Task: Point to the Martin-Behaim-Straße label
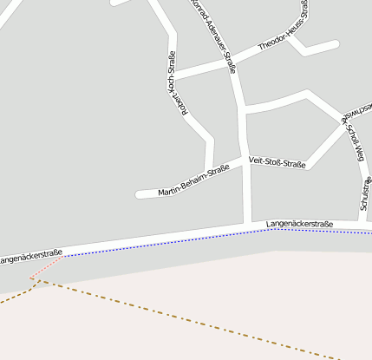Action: [193, 179]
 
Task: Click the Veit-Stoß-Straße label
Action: [277, 161]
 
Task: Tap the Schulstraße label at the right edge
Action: [366, 195]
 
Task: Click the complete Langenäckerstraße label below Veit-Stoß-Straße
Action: [299, 223]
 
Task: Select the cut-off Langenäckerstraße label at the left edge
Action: [30, 257]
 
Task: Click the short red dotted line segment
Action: [48, 267]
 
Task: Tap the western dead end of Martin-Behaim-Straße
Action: [139, 194]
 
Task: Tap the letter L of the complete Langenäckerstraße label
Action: [269, 225]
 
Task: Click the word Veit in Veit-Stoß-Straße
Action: [255, 161]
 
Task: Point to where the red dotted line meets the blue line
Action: [63, 256]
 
